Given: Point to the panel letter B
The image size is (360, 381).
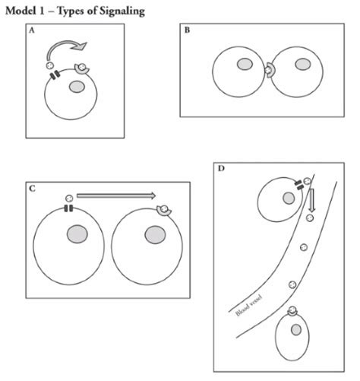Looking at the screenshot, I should [x=187, y=31].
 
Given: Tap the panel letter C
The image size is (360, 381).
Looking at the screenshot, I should [x=32, y=189].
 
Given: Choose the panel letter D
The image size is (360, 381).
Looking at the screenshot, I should [x=221, y=167].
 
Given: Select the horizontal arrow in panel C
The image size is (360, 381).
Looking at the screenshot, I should [x=116, y=195].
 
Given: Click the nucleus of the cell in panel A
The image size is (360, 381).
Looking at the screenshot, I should [x=77, y=87].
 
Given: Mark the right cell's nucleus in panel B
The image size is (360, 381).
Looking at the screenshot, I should [x=302, y=65].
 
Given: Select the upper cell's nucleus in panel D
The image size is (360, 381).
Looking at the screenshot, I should [x=289, y=198].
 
